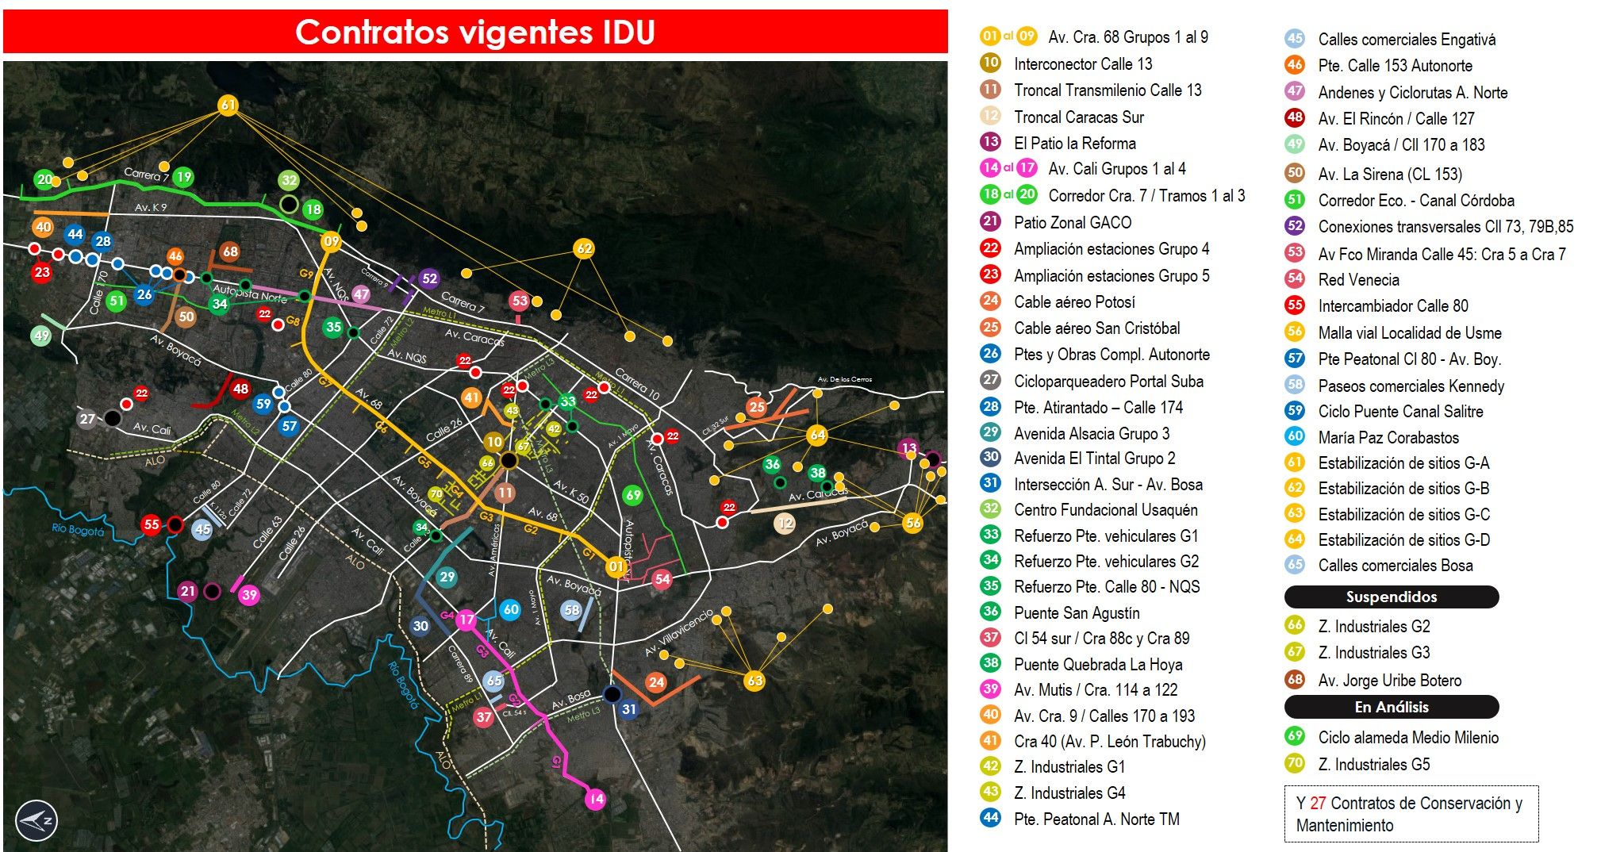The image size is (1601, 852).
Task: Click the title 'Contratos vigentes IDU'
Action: tap(474, 33)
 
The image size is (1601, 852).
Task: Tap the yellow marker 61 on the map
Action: tap(228, 106)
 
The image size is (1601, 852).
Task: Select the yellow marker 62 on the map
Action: tap(584, 248)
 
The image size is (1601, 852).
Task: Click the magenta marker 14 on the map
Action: tap(595, 799)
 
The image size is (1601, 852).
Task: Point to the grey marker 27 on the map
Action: tap(87, 419)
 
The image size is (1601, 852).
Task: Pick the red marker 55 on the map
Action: tap(151, 524)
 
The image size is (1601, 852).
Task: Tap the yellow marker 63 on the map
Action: tap(754, 681)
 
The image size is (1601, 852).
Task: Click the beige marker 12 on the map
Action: tap(785, 524)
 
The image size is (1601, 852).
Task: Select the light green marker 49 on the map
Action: tap(41, 336)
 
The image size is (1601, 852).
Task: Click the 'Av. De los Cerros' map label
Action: tap(844, 379)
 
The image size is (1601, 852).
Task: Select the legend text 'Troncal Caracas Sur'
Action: tap(1078, 117)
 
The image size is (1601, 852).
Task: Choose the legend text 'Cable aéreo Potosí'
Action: tap(1074, 302)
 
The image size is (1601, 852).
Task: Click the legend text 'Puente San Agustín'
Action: tap(1077, 613)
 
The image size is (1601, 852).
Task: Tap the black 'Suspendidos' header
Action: tap(1391, 597)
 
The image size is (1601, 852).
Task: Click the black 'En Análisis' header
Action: tap(1391, 707)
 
